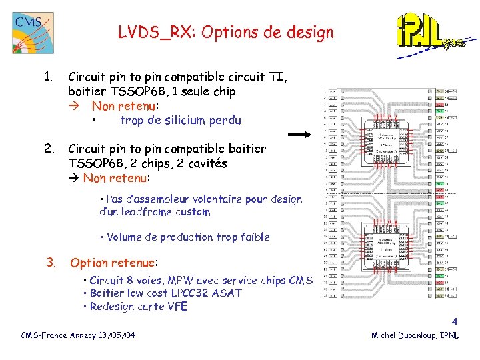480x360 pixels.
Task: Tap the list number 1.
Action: click(47, 77)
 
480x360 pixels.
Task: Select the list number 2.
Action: click(47, 148)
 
